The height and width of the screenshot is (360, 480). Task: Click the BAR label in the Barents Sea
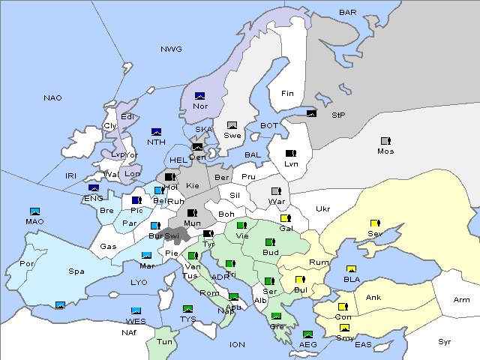pos(347,13)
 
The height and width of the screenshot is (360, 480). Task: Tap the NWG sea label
pos(171,49)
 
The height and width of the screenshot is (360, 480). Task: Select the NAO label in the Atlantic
pos(52,98)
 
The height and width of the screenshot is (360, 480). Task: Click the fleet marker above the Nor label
pos(199,96)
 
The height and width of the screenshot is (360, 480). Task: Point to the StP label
pos(338,115)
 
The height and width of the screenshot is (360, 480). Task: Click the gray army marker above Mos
pos(385,141)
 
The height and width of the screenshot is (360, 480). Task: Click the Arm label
pos(462,300)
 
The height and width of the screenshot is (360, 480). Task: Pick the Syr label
pos(445,341)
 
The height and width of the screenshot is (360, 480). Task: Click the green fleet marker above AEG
pos(307,334)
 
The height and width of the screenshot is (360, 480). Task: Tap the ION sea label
pos(237,345)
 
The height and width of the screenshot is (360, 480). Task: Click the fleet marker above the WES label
pos(136,310)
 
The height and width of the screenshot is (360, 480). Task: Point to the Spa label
pos(76,271)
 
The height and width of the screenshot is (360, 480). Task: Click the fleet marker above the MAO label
pos(34,211)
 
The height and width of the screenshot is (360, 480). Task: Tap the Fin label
pos(287,94)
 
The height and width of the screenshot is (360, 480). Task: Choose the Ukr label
pos(322,209)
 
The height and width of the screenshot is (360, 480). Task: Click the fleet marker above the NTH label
pos(156,132)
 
